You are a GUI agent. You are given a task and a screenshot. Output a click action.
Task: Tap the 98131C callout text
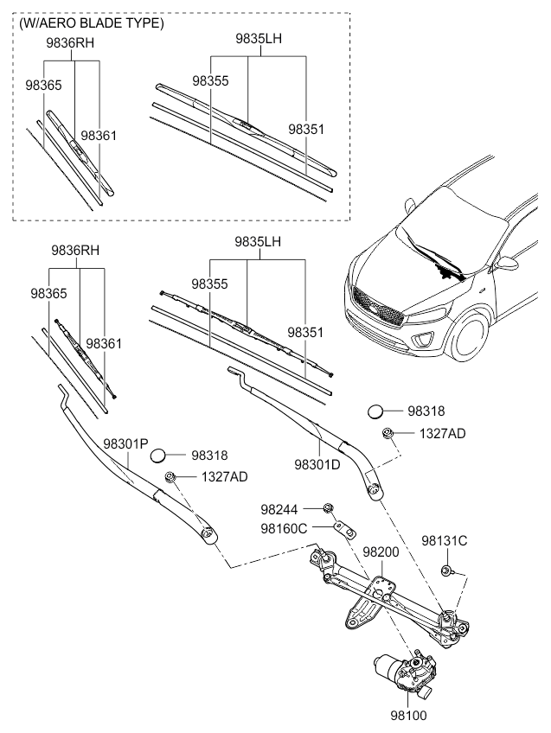tap(445, 541)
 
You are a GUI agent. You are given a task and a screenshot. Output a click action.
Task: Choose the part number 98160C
tap(284, 528)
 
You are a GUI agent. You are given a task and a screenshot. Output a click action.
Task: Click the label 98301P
tap(125, 444)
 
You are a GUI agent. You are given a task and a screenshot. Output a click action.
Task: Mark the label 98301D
tap(317, 464)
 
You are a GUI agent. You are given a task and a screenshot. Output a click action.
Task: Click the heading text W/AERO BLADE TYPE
tap(91, 24)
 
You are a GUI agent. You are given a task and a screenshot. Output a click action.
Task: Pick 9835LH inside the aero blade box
tap(258, 39)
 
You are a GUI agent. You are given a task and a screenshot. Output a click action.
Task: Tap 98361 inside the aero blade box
tap(99, 136)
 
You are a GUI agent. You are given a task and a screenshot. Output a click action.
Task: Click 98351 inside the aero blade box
tap(305, 129)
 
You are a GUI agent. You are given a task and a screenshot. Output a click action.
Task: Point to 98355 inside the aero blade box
tap(210, 80)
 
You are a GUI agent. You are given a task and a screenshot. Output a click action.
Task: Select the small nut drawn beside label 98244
tap(329, 507)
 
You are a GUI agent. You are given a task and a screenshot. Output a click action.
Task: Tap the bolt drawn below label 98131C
tap(446, 570)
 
